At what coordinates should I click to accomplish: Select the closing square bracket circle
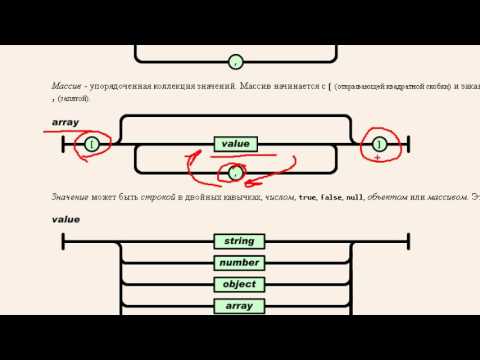[x=379, y=145]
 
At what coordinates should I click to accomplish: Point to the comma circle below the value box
[x=236, y=172]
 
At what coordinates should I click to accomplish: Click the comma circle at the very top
[x=236, y=62]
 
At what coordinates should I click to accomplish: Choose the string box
[x=239, y=241]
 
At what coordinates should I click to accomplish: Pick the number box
[x=239, y=263]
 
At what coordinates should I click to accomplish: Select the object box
[x=239, y=285]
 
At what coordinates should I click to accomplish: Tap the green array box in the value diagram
[x=239, y=306]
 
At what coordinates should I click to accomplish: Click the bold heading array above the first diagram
[x=66, y=122]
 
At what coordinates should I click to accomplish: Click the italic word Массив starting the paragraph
[x=69, y=87]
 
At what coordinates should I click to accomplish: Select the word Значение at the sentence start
[x=74, y=197]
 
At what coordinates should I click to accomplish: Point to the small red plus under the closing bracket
[x=378, y=158]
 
